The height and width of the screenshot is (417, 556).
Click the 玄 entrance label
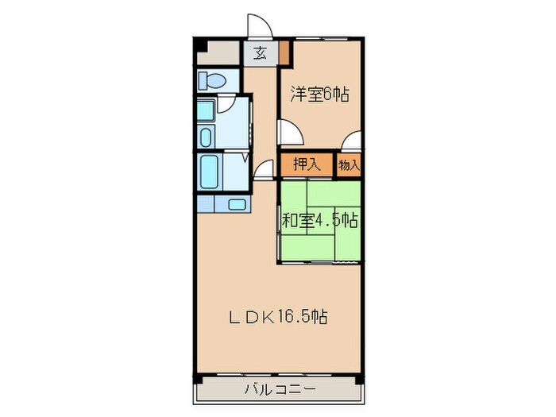(x=260, y=54)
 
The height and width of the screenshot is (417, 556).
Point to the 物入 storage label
(x=349, y=165)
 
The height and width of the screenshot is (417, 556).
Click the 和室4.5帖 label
(x=319, y=220)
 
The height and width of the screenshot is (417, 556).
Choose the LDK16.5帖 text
(x=279, y=318)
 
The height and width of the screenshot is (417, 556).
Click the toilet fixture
(x=212, y=80)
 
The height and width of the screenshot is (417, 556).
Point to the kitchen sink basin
(x=237, y=204)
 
